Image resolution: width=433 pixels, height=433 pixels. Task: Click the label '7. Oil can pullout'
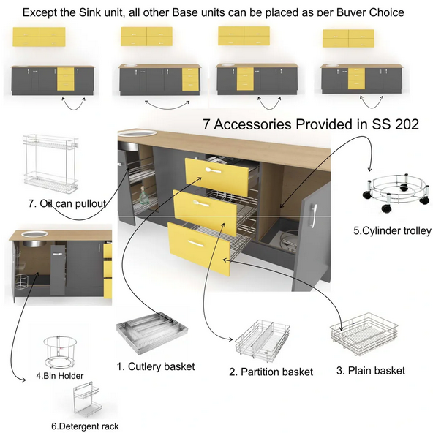(x=67, y=204)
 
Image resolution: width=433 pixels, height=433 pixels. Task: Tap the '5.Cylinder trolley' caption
(x=392, y=230)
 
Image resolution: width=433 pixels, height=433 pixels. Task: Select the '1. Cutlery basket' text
(x=156, y=366)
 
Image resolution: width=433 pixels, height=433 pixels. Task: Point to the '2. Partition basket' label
(x=271, y=372)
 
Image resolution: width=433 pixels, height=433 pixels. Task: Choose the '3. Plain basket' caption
(x=371, y=371)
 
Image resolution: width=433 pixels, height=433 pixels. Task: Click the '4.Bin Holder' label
(x=60, y=376)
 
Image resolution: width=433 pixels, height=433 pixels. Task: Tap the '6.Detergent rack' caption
(x=85, y=426)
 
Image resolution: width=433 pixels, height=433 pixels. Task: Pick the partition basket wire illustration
(x=263, y=340)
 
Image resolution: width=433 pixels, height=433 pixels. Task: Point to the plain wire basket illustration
(x=364, y=334)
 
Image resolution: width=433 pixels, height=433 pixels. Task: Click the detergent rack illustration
(x=86, y=400)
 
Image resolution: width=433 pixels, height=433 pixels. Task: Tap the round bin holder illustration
(x=60, y=352)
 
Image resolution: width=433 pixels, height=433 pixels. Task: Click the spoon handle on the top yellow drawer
(x=213, y=170)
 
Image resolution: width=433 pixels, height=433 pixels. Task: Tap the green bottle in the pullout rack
(x=143, y=195)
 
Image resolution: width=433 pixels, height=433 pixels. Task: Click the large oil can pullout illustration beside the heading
(x=50, y=164)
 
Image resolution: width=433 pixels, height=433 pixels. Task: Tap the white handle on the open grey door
(x=314, y=215)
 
